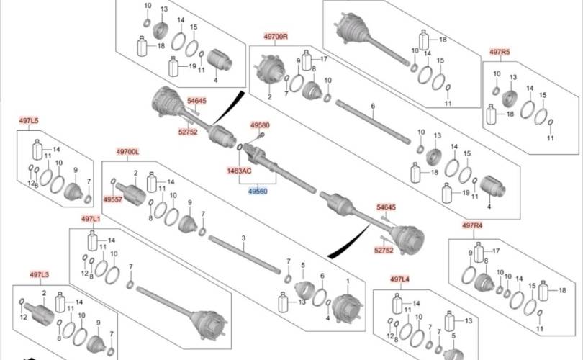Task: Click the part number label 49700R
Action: (x=276, y=37)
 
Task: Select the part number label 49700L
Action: (x=127, y=152)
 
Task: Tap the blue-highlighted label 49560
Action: (x=258, y=191)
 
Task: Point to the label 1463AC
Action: (x=239, y=171)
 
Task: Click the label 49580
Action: (x=260, y=125)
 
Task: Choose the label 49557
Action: (x=113, y=199)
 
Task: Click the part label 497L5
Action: (x=29, y=120)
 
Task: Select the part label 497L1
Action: (x=91, y=219)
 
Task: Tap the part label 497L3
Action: (x=39, y=275)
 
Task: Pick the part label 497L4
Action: (x=399, y=279)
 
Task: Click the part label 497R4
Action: (x=473, y=225)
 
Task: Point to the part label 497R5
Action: (x=500, y=52)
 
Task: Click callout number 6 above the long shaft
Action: (x=373, y=107)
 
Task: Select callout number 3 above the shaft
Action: (x=243, y=238)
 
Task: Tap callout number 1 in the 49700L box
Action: (x=348, y=281)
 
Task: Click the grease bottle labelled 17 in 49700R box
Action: (x=307, y=60)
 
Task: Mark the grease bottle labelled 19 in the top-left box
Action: (x=173, y=66)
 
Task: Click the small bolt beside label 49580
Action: (x=261, y=135)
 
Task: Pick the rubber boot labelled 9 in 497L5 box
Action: (x=73, y=191)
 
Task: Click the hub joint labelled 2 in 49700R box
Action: (x=268, y=70)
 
